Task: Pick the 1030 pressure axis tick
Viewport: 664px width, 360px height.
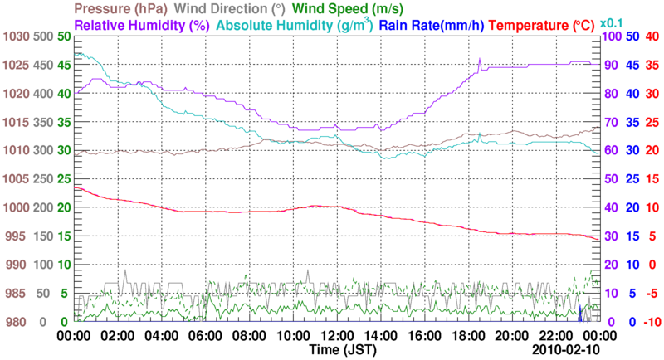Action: click(x=17, y=36)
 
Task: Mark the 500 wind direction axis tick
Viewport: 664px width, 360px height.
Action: click(x=41, y=36)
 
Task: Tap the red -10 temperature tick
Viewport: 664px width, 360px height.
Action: click(x=651, y=322)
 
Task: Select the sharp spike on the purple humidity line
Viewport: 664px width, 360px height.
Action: click(x=480, y=61)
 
